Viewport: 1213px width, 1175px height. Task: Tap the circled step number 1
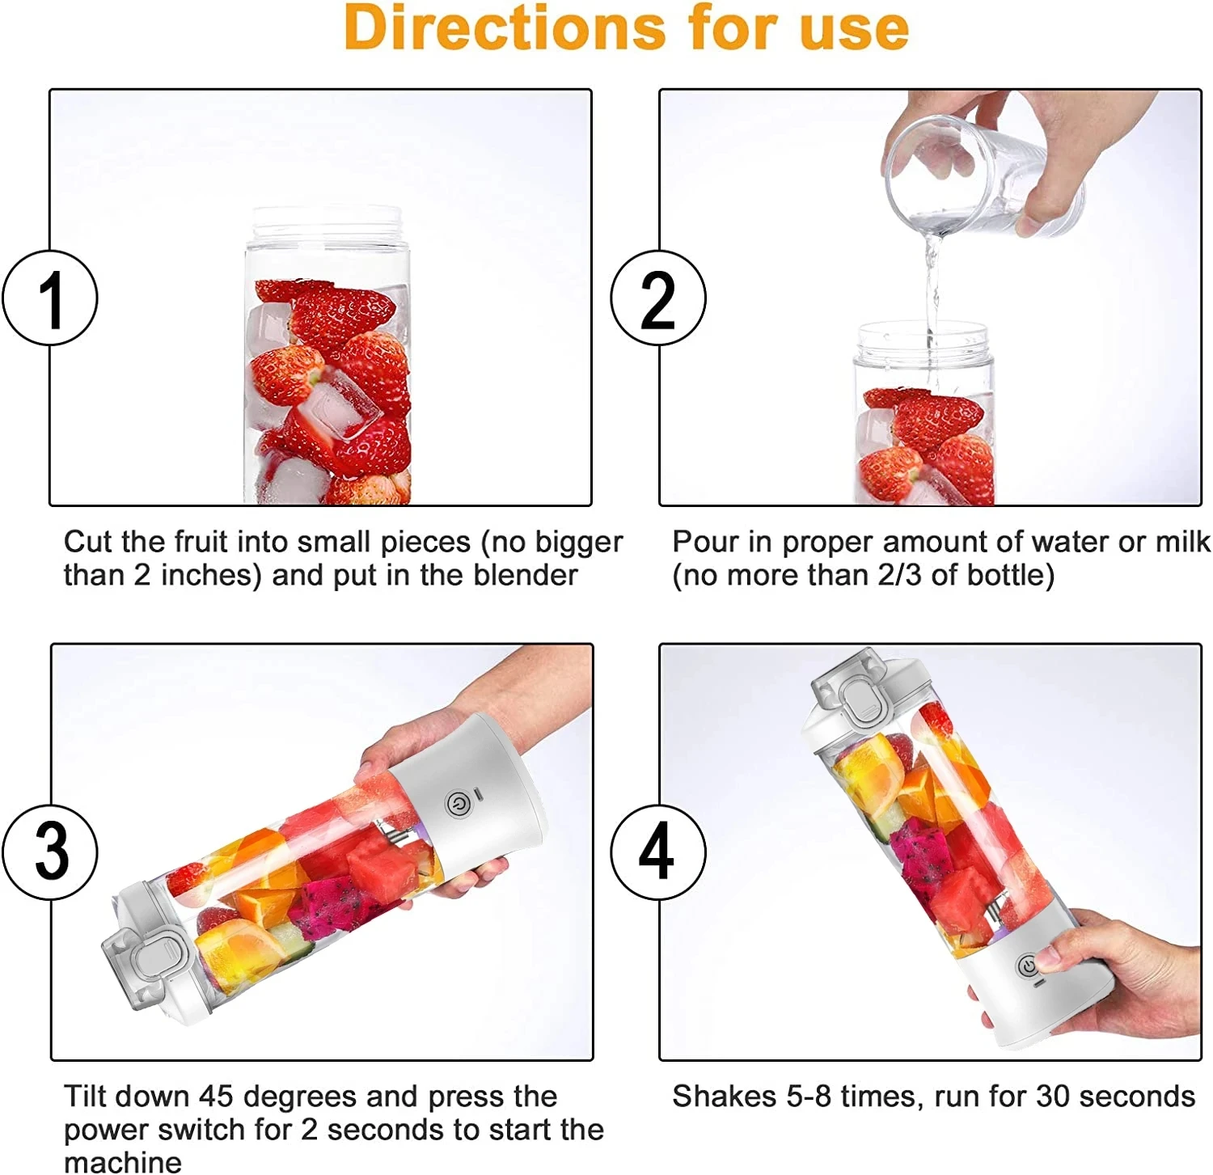pyautogui.click(x=50, y=298)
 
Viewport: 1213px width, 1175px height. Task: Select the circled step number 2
pyautogui.click(x=657, y=298)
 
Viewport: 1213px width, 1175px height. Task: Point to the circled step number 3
pyautogui.click(x=50, y=852)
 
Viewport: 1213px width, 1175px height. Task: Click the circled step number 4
pyautogui.click(x=657, y=852)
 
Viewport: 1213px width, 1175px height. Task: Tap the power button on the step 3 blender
pyautogui.click(x=457, y=804)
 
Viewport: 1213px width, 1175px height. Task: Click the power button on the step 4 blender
pyautogui.click(x=1028, y=966)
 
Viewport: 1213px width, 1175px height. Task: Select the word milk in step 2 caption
pyautogui.click(x=1182, y=542)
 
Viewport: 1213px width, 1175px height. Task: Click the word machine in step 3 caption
pyautogui.click(x=123, y=1162)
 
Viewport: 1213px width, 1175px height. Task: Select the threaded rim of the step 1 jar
pyautogui.click(x=328, y=222)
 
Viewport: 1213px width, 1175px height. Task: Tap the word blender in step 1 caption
pyautogui.click(x=526, y=576)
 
